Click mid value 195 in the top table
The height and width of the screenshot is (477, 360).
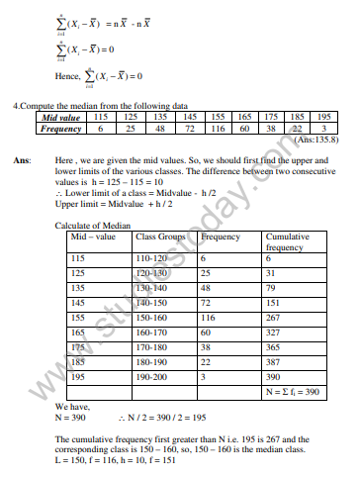pos(318,116)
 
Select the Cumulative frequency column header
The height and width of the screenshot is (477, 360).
pos(286,242)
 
